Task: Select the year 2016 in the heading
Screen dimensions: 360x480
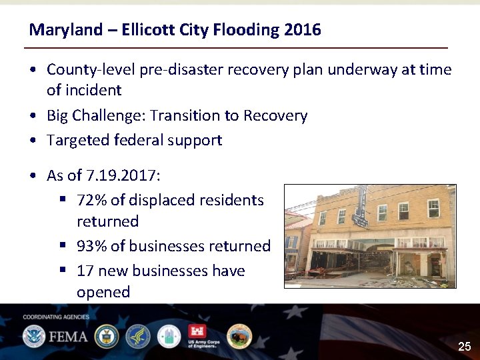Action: point(302,30)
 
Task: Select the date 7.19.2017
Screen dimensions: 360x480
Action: point(123,176)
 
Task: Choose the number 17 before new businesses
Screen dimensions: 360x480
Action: point(85,271)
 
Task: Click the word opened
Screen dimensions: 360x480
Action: point(103,293)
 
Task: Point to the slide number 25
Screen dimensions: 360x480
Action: point(464,347)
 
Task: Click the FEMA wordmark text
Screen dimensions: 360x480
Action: point(67,336)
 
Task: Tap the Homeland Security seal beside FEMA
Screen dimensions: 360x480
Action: point(33,336)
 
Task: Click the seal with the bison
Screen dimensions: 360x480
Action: point(239,337)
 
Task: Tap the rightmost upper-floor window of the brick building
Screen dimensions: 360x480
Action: point(433,208)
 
